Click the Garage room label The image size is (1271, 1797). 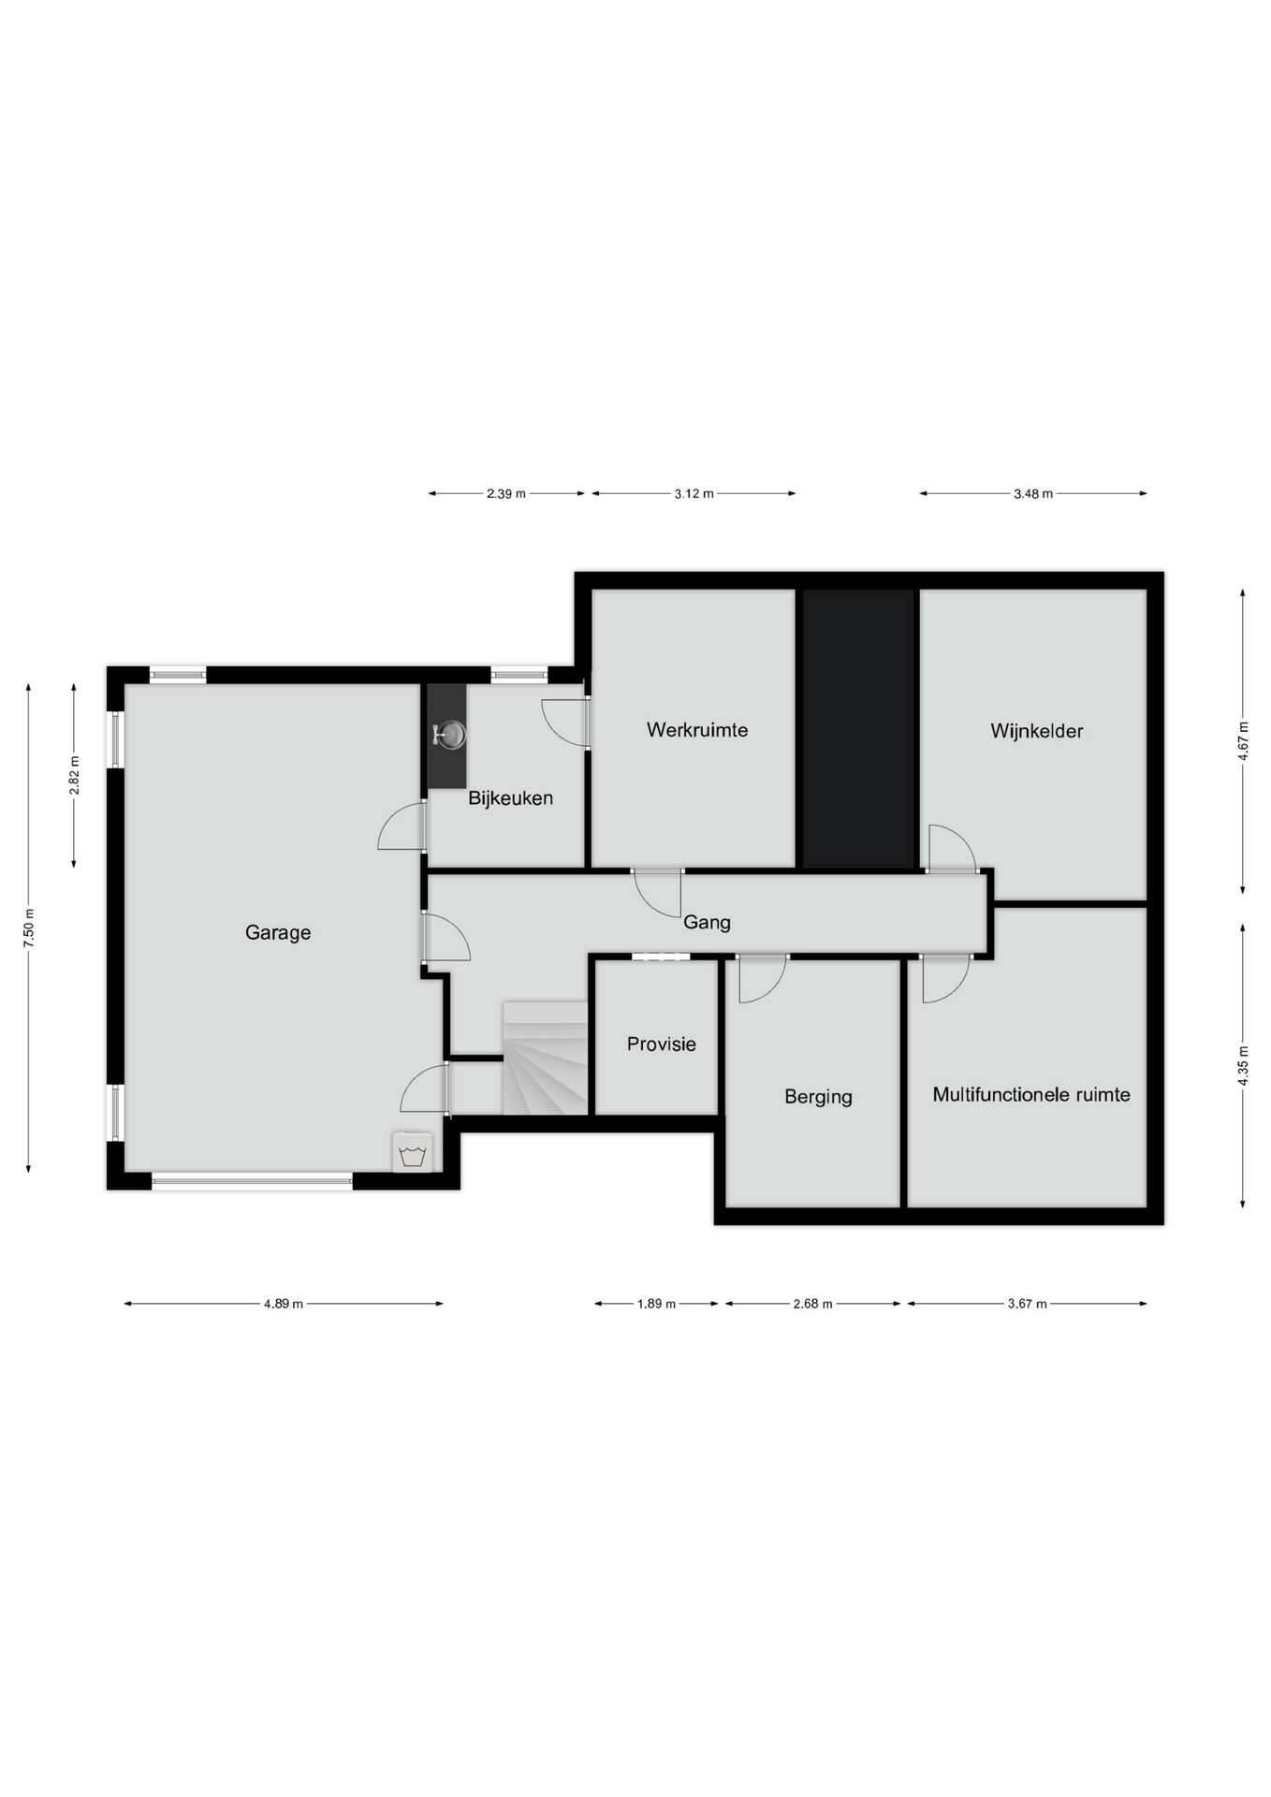(x=278, y=933)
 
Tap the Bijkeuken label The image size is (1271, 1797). (x=510, y=799)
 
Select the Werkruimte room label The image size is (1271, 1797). (x=697, y=730)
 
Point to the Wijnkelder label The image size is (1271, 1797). (x=1037, y=732)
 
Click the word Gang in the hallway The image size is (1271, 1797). (x=707, y=923)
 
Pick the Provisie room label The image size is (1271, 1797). (x=662, y=1045)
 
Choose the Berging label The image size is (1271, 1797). (x=818, y=1097)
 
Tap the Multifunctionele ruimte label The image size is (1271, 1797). (x=1031, y=1095)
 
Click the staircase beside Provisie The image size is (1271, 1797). (x=545, y=1059)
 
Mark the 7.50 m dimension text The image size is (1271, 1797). (x=29, y=928)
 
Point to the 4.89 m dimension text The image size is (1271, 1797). (x=284, y=1304)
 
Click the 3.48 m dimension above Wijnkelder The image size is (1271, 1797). (x=1033, y=494)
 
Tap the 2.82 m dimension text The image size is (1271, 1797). (x=75, y=775)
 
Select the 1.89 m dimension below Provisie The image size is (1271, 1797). (x=656, y=1304)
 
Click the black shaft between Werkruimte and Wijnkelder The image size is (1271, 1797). (x=858, y=728)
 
